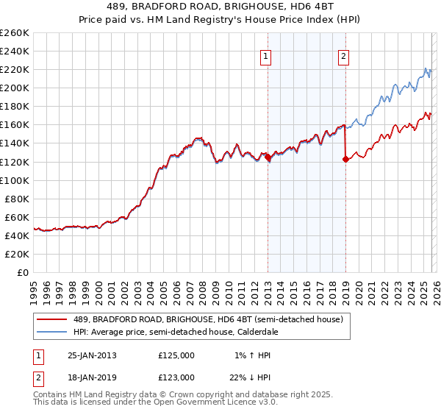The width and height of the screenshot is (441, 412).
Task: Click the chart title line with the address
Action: coord(220,7)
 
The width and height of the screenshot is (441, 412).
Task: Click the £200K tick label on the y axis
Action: coord(15,88)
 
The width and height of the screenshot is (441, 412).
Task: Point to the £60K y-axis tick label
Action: coord(17,217)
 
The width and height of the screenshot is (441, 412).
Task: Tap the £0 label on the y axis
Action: coord(24,272)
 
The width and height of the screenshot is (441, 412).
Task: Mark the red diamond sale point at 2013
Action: coord(268,157)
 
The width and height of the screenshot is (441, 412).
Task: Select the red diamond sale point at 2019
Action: coord(345,159)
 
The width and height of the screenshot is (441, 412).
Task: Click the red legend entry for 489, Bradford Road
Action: coord(206,319)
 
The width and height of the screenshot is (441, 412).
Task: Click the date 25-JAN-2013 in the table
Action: coord(92,355)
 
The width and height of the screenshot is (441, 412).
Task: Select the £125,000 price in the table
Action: coord(176,355)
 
